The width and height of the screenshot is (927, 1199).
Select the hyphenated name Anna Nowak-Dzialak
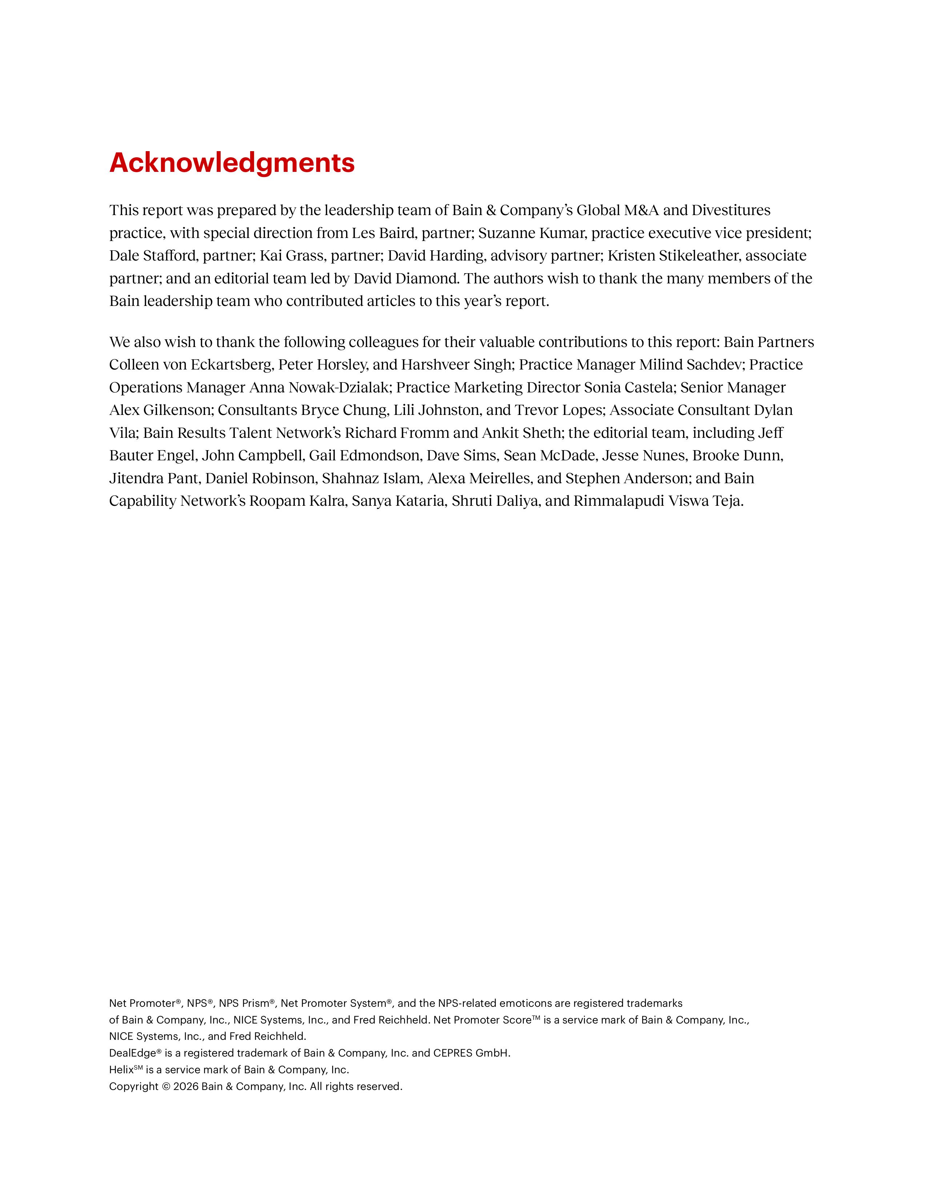click(x=320, y=388)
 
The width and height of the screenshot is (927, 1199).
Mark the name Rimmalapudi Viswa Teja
click(x=658, y=501)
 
